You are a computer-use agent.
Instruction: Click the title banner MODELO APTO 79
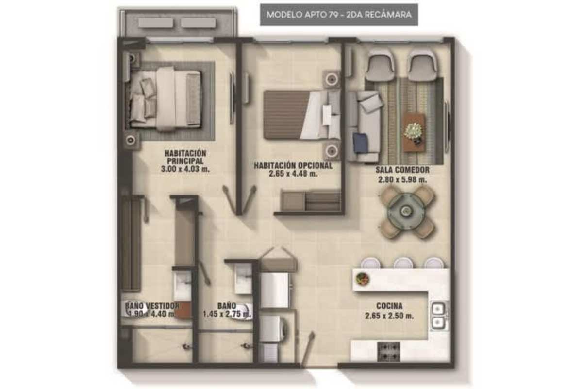(338, 15)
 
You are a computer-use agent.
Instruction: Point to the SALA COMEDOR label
(402, 170)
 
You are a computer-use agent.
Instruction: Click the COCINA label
(389, 306)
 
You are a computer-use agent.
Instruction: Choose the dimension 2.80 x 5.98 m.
(402, 179)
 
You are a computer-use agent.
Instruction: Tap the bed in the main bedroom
(165, 98)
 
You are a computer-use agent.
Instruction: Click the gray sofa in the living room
(363, 126)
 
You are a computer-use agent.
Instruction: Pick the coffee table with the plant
(414, 131)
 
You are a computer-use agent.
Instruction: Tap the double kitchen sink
(439, 315)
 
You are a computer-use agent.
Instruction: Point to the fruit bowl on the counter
(362, 279)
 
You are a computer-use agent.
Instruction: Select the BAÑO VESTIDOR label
(152, 306)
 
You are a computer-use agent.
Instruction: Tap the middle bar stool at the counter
(403, 263)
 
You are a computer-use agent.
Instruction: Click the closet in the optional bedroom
(311, 200)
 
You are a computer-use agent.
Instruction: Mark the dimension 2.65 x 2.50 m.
(389, 316)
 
